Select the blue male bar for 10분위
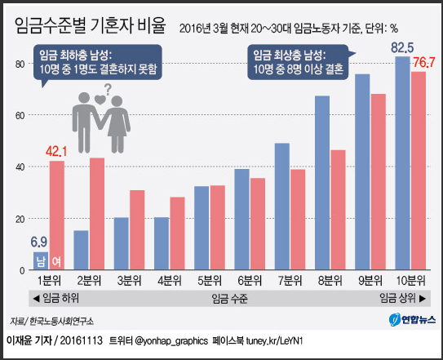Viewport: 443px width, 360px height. point(402,163)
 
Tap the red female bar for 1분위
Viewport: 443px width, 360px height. point(57,216)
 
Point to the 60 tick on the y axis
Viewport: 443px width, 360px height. point(20,115)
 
